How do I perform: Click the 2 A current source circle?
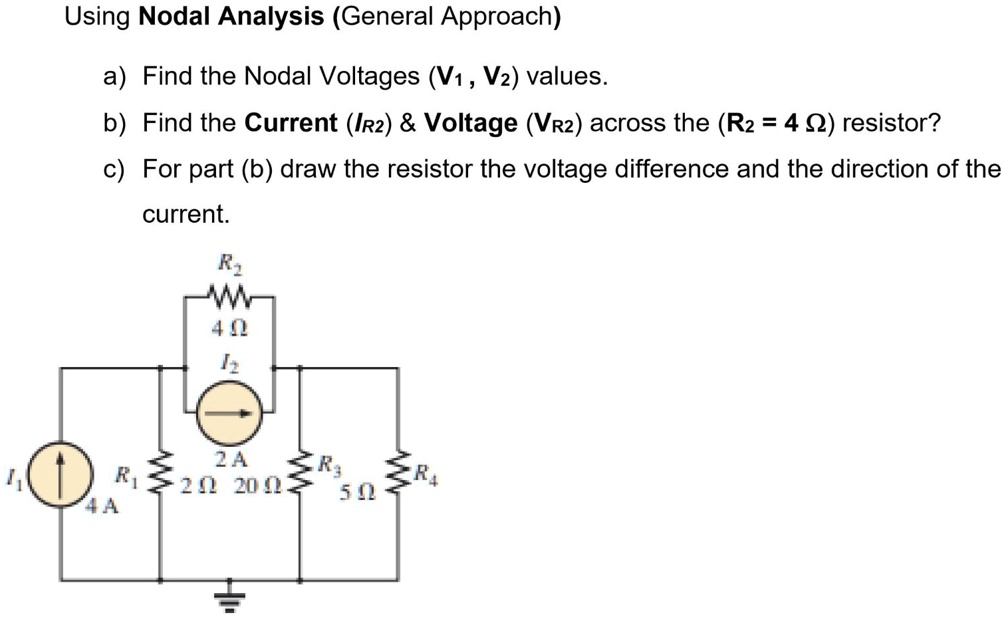pyautogui.click(x=229, y=411)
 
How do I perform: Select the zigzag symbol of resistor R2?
pyautogui.click(x=229, y=295)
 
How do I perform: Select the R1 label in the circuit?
pyautogui.click(x=127, y=476)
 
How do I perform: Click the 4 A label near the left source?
pyautogui.click(x=103, y=506)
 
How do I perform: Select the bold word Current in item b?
pyautogui.click(x=291, y=123)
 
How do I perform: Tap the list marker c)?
pyautogui.click(x=113, y=168)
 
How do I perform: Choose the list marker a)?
pyautogui.click(x=113, y=76)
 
